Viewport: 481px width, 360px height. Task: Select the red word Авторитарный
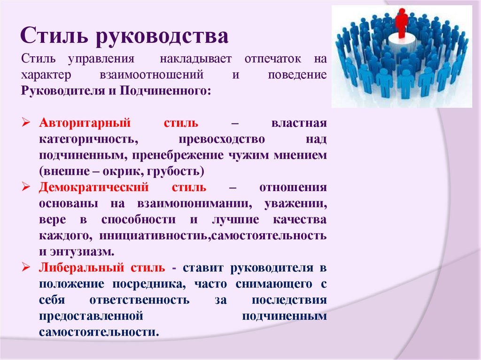coord(85,124)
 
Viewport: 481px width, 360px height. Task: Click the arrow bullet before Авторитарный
coord(26,124)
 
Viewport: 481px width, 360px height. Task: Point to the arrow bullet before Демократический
coord(26,188)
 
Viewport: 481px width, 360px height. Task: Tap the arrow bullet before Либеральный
coord(26,268)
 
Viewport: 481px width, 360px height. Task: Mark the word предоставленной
coord(91,316)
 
